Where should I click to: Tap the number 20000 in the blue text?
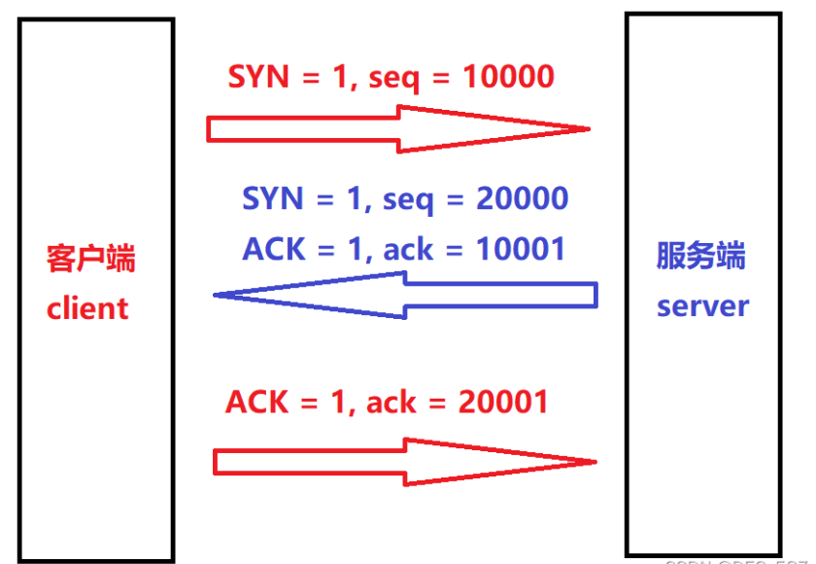click(522, 199)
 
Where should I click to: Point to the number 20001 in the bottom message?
click(502, 401)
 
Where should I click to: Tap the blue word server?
click(702, 306)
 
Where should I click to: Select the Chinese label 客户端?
click(90, 260)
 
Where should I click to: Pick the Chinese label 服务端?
click(701, 258)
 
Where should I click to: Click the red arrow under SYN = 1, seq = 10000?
click(398, 128)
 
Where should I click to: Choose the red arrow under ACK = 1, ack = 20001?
click(403, 461)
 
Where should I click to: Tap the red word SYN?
click(258, 77)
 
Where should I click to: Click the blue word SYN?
click(273, 199)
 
